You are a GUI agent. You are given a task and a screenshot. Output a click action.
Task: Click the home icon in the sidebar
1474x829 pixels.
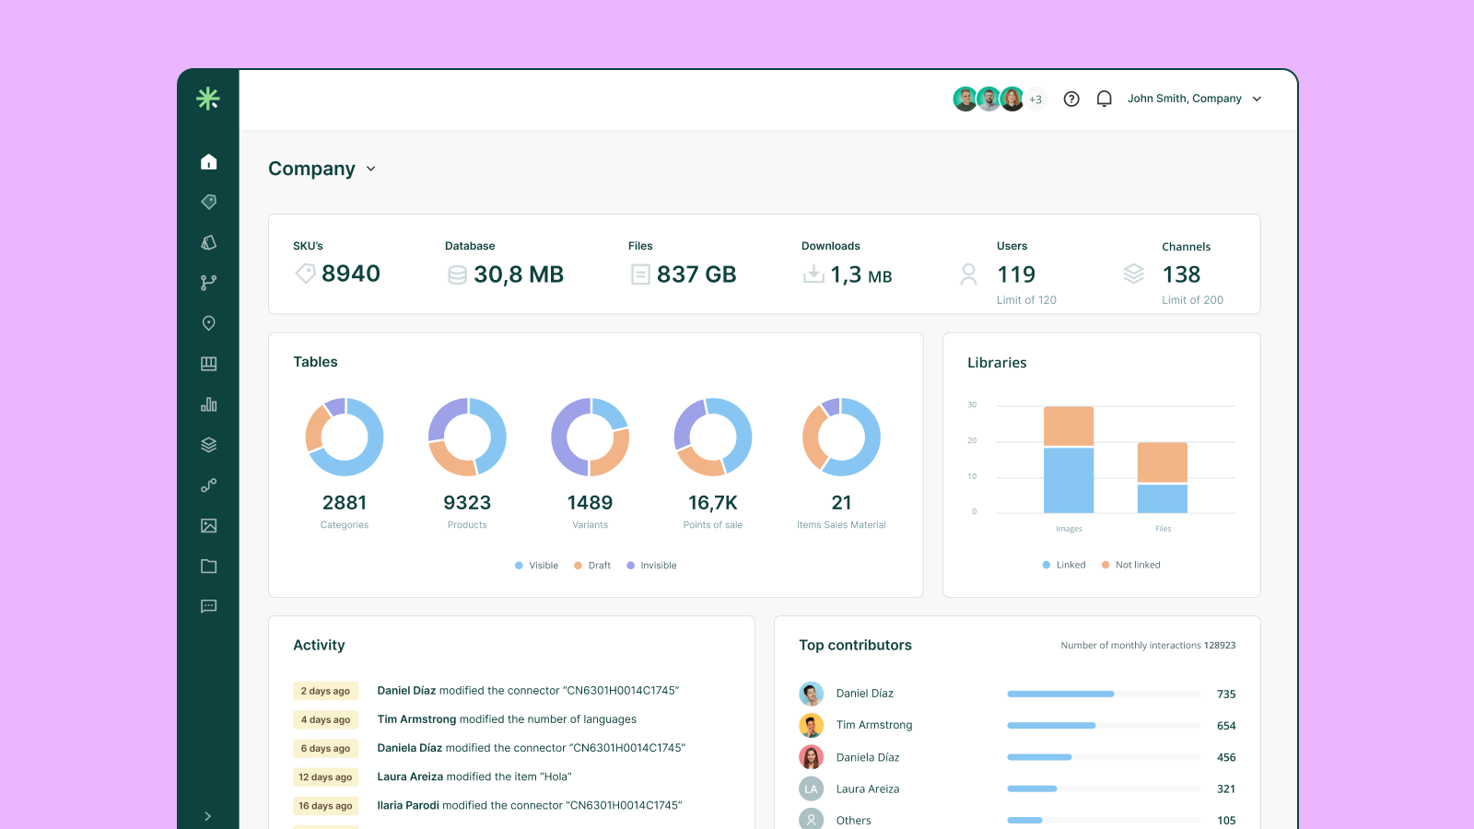tap(208, 162)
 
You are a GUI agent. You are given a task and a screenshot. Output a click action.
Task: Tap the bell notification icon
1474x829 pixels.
tap(1104, 99)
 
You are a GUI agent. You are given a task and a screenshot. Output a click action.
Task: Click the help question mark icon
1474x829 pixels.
tap(1070, 99)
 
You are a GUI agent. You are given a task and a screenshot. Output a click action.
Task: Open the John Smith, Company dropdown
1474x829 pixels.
tap(1194, 99)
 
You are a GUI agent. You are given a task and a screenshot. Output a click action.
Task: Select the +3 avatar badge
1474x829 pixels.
tap(1036, 99)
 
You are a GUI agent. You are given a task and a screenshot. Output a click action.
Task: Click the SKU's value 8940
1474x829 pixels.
tap(350, 274)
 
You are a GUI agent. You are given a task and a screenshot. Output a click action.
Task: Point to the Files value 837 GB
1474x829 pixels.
tap(696, 274)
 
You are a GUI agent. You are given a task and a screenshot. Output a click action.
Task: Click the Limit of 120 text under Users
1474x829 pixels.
tap(1026, 300)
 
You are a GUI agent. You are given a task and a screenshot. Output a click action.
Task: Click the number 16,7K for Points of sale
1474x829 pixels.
tap(712, 503)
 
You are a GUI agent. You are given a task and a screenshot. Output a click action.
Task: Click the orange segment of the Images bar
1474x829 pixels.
tap(1069, 426)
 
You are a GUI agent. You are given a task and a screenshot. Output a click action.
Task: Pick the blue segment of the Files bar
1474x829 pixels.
tap(1162, 498)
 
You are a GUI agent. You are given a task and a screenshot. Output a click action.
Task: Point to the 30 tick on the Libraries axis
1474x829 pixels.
tap(972, 405)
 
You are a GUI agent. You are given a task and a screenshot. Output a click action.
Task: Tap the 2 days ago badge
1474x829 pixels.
tap(325, 691)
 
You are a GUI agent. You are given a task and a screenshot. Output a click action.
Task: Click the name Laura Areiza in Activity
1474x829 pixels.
tap(409, 776)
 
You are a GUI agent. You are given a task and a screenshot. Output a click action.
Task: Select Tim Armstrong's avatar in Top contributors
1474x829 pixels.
tap(811, 725)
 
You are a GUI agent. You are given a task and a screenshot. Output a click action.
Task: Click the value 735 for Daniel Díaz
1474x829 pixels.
tap(1225, 695)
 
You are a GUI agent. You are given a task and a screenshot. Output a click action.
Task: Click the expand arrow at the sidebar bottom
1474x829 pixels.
tap(207, 816)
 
